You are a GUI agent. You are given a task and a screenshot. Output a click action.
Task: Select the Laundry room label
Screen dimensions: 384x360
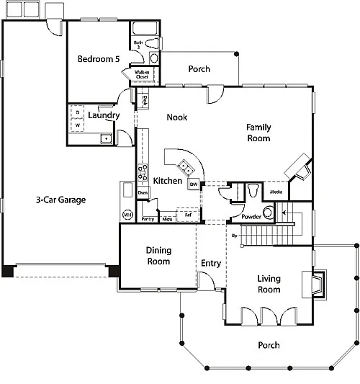point(104,115)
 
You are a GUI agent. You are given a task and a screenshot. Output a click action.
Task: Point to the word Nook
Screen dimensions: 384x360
point(177,117)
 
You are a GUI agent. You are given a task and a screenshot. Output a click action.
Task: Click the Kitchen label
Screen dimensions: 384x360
point(168,181)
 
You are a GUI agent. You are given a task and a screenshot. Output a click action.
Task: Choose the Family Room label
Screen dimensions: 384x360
point(258,133)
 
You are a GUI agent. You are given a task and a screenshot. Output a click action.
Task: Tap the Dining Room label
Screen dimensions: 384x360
point(158,256)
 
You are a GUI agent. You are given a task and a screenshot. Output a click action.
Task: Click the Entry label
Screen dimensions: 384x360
point(211,263)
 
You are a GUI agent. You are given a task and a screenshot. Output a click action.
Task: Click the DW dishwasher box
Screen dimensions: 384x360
point(194,184)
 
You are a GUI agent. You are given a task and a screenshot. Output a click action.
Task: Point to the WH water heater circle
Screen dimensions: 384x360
point(127,214)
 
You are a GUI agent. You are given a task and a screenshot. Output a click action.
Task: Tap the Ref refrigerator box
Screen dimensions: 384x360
point(188,215)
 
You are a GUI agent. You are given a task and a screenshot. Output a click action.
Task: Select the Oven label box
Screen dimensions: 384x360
point(143,193)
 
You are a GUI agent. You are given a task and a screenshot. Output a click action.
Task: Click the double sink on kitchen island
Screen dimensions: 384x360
point(185,168)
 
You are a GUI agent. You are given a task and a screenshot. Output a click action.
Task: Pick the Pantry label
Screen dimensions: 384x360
point(148,218)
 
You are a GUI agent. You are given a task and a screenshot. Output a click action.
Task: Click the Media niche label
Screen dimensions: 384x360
point(276,192)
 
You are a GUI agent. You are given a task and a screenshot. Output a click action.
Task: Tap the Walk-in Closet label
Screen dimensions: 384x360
point(141,74)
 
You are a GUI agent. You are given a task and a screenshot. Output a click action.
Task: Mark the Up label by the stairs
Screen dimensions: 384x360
point(233,236)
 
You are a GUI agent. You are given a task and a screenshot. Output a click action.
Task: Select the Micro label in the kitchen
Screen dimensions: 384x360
point(166,218)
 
